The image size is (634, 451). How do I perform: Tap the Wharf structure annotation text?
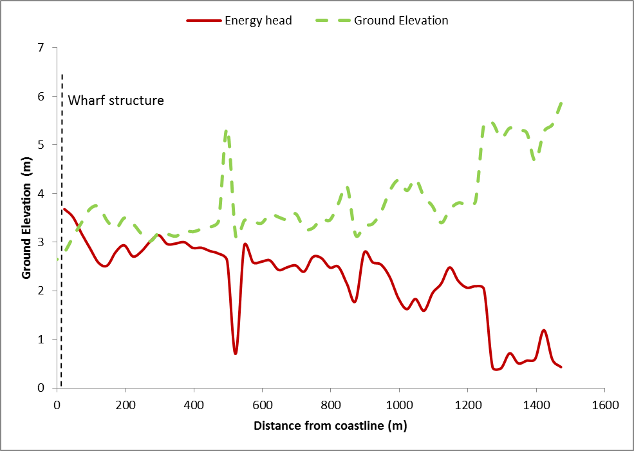pyautogui.click(x=116, y=101)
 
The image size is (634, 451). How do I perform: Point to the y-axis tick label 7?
pyautogui.click(x=42, y=48)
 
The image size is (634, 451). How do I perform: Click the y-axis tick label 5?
pyautogui.click(x=42, y=145)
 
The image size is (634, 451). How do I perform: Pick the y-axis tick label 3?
pyautogui.click(x=42, y=242)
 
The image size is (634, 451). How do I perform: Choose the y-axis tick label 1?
pyautogui.click(x=42, y=340)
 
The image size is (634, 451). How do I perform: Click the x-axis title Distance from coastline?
pyautogui.click(x=330, y=426)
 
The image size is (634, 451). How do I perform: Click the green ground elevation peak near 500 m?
pyautogui.click(x=227, y=131)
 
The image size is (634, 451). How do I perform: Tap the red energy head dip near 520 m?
pyautogui.click(x=236, y=353)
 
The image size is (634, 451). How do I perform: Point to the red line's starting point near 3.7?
pyautogui.click(x=63, y=209)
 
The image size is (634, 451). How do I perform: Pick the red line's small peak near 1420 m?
pyautogui.click(x=544, y=331)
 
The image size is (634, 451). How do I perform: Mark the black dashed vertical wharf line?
pyautogui.click(x=61, y=258)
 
